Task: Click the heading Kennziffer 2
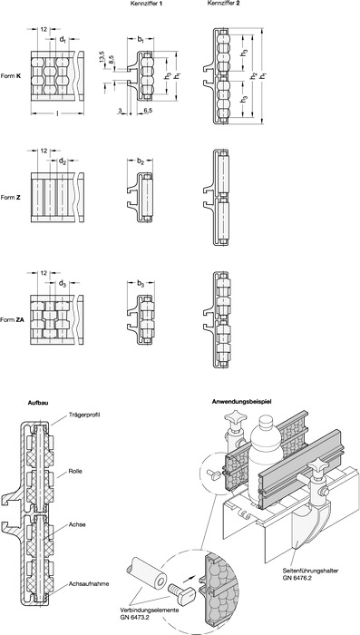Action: [220, 4]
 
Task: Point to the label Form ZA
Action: [12, 319]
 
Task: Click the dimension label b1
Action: [141, 40]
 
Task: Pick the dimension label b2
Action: [141, 161]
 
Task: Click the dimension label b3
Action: [141, 283]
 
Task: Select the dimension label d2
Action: [63, 161]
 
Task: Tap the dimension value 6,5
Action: [148, 110]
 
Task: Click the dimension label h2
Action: [254, 75]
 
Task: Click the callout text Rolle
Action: [74, 472]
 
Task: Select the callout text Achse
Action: [75, 524]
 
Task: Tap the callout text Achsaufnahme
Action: [83, 583]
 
